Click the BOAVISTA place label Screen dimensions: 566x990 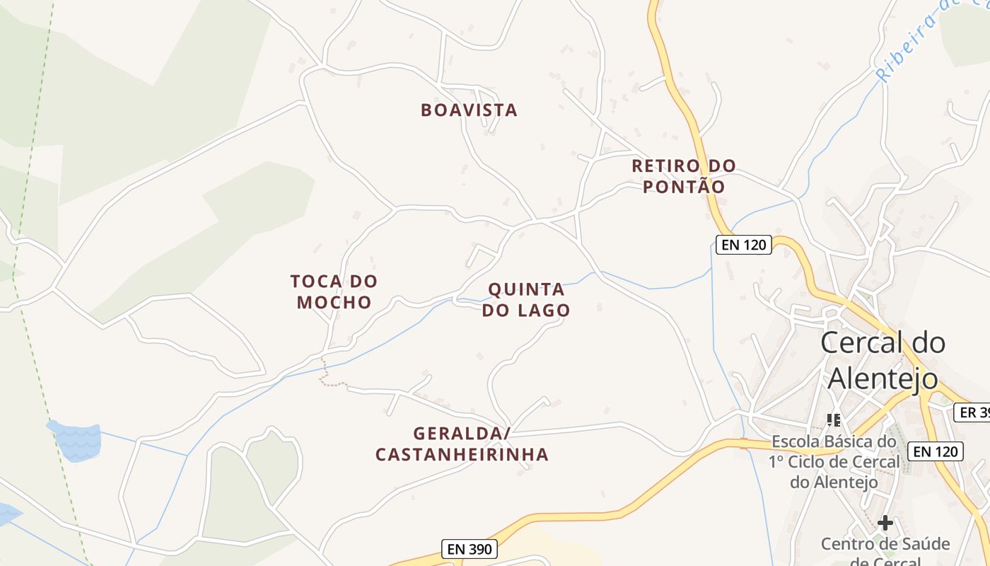[x=469, y=110]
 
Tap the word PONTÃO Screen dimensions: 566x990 [x=684, y=187]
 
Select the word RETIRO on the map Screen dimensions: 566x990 [x=665, y=166]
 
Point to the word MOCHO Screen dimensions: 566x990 [x=334, y=303]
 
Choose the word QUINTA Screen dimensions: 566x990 [x=526, y=289]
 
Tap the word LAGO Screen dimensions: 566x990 [x=549, y=311]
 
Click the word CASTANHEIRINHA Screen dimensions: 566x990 [x=462, y=455]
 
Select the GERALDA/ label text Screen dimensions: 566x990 [x=462, y=433]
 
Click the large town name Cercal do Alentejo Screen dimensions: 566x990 [x=883, y=361]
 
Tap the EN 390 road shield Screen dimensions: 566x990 [x=470, y=548]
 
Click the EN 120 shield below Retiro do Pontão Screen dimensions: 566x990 [x=743, y=245]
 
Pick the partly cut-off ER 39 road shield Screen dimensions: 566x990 [x=972, y=412]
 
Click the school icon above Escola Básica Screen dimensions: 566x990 [x=834, y=420]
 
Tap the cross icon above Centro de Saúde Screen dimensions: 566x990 [x=885, y=524]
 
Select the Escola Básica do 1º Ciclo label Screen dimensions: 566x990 [x=834, y=462]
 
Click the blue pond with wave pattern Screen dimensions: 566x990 [x=75, y=440]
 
